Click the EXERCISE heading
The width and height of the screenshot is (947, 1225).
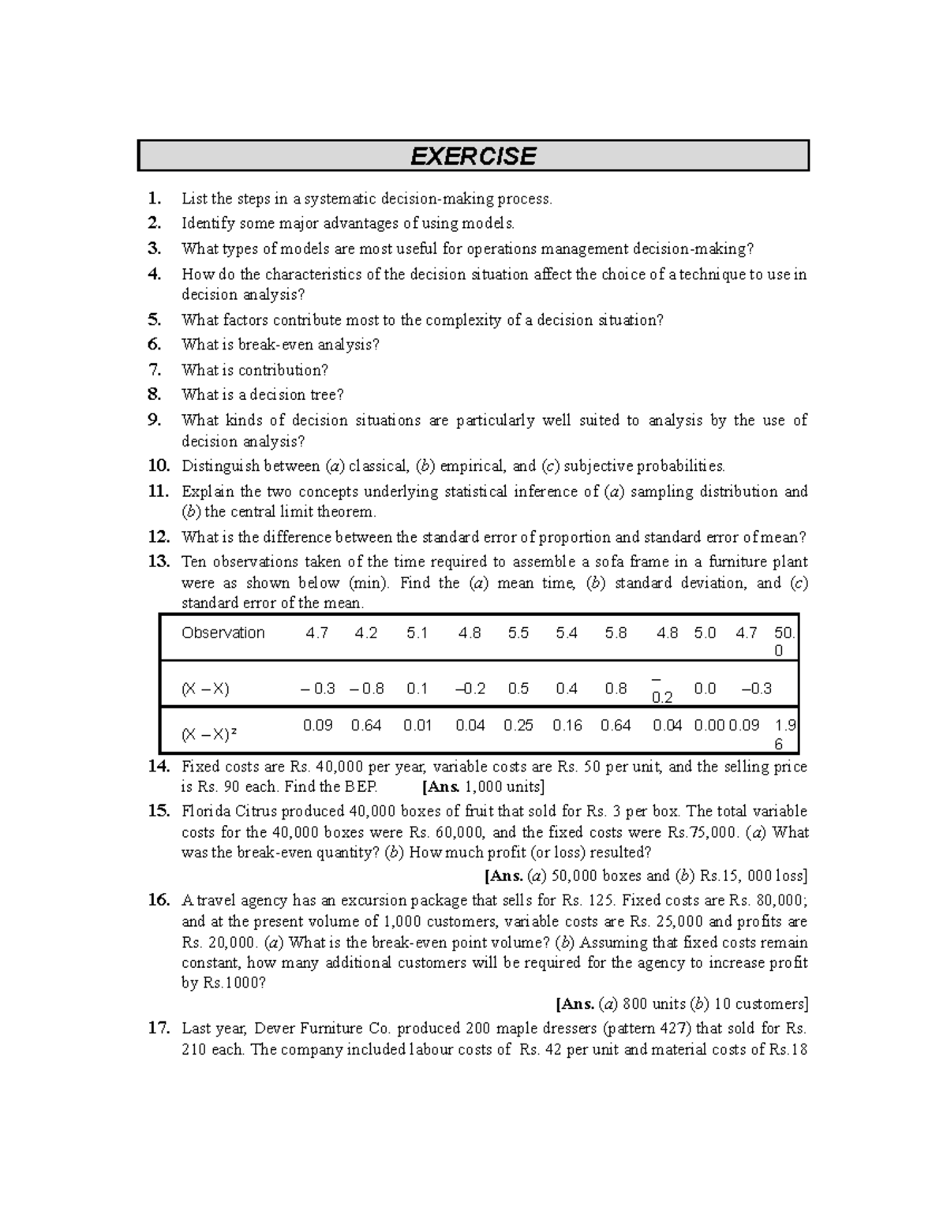(x=473, y=156)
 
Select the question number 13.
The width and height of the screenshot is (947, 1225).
(x=159, y=562)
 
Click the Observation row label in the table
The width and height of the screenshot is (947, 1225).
(x=223, y=633)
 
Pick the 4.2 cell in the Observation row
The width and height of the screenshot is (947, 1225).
(x=366, y=633)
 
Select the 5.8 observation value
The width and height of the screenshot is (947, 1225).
(x=616, y=633)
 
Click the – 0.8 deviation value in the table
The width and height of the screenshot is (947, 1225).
(x=366, y=689)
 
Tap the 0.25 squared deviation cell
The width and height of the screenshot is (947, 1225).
(x=518, y=725)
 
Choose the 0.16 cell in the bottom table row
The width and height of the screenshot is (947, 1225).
(x=567, y=725)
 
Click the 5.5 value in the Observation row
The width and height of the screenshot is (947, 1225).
(x=518, y=633)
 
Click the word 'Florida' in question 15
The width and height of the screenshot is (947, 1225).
(x=205, y=812)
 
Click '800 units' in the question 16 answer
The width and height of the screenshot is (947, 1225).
(x=654, y=1004)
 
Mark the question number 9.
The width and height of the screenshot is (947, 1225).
(x=155, y=420)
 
